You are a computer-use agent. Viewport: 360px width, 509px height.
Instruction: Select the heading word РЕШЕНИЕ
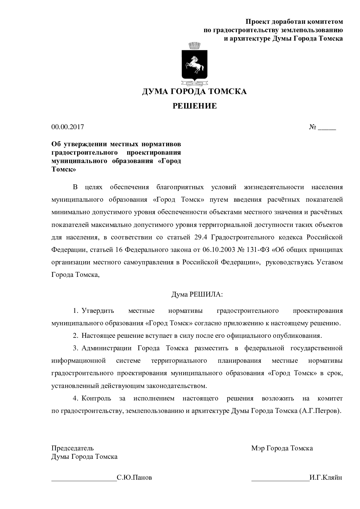195,106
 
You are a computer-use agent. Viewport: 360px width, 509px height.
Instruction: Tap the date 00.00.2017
68,127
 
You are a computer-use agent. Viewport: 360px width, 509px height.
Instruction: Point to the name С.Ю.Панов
134,478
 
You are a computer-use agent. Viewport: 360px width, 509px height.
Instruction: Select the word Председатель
73,448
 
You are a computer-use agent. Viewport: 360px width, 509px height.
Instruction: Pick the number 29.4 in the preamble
200,237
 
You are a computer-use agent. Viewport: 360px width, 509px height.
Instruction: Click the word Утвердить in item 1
98,311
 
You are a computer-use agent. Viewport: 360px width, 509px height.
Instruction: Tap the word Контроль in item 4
96,398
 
